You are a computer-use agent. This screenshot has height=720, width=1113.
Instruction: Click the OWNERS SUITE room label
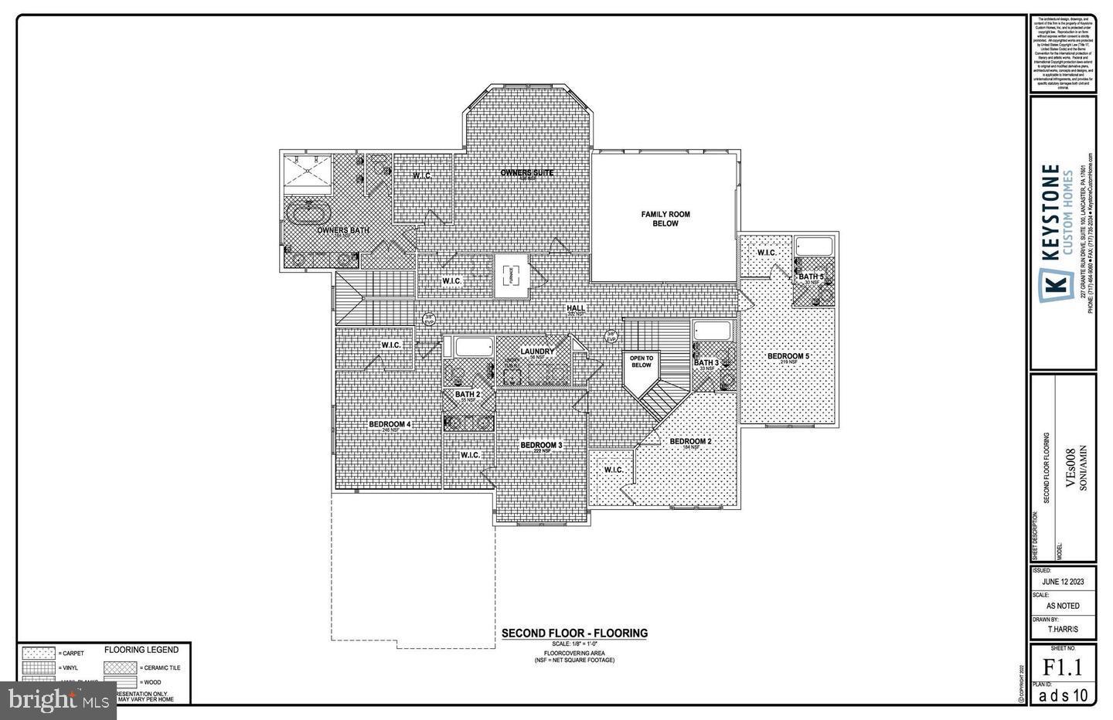(x=527, y=172)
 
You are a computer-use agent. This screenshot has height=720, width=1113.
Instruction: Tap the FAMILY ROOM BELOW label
(x=665, y=219)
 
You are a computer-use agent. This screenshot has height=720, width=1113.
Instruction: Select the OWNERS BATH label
(x=343, y=229)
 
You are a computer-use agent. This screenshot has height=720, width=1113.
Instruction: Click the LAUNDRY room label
(x=537, y=352)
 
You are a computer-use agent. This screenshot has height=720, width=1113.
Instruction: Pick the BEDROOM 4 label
(x=390, y=424)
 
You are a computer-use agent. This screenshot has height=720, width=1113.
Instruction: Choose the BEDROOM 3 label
(x=541, y=445)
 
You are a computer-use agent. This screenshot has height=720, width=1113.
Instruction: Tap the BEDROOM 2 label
(x=690, y=441)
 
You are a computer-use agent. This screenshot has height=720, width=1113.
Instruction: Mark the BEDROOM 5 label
(x=788, y=356)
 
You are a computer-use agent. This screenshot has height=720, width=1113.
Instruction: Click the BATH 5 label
(x=811, y=277)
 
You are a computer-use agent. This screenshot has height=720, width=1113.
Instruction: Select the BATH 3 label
(x=706, y=362)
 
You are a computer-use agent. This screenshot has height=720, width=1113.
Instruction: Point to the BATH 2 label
(x=468, y=395)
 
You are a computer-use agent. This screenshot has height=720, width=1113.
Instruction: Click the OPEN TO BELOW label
(x=642, y=362)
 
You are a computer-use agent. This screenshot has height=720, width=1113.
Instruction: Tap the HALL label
(x=576, y=308)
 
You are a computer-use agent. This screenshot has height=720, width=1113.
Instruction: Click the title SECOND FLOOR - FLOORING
(x=574, y=633)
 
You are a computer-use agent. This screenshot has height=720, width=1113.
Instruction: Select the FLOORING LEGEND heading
(x=141, y=650)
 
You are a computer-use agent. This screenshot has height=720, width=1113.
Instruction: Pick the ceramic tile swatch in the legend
(x=121, y=667)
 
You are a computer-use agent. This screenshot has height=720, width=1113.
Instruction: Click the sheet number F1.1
(x=1063, y=667)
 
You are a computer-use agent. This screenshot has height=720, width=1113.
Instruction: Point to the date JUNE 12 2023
(x=1063, y=582)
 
